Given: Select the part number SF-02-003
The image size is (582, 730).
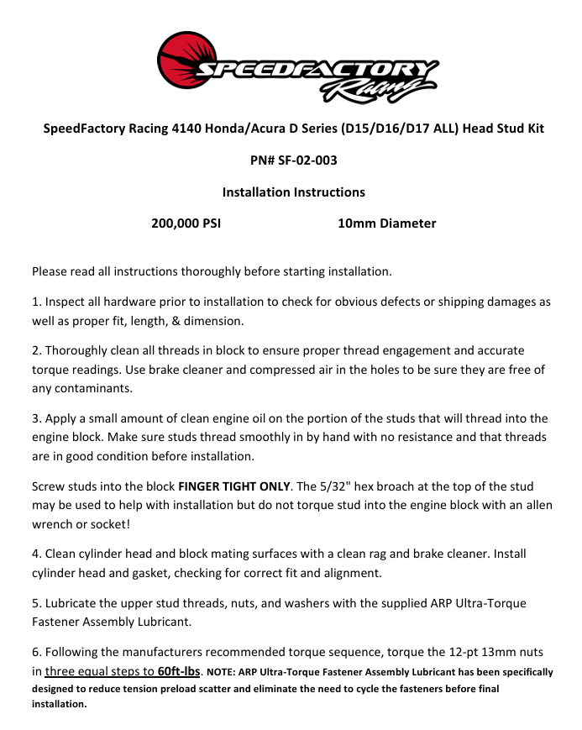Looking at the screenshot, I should [308, 160].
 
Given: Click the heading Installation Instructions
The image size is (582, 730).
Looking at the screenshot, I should [293, 192].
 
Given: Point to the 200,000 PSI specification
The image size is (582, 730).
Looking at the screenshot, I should [186, 223].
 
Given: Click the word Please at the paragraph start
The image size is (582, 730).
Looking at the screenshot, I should [50, 271].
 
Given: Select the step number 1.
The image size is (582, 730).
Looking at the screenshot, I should [35, 301].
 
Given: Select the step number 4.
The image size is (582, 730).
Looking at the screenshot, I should [35, 554].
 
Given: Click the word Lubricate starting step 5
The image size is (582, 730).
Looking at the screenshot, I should [73, 603].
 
